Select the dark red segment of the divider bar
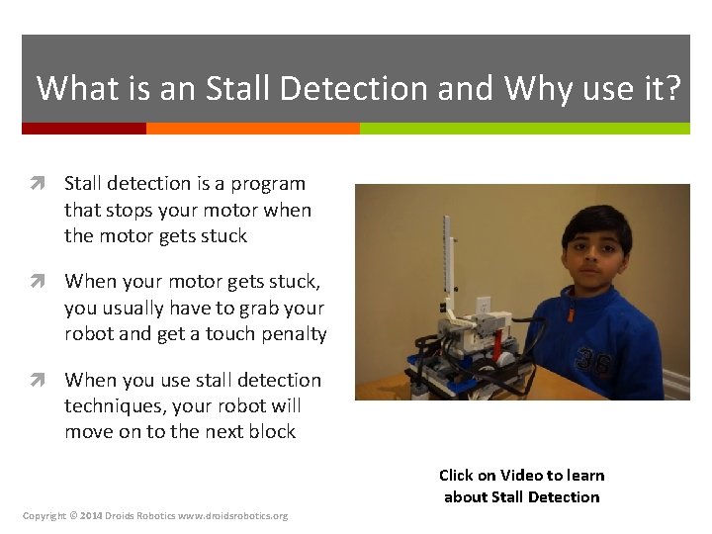(84, 129)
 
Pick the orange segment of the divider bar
(252, 129)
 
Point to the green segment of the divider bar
(524, 129)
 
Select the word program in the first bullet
(269, 184)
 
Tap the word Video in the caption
(523, 476)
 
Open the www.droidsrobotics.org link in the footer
(233, 516)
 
